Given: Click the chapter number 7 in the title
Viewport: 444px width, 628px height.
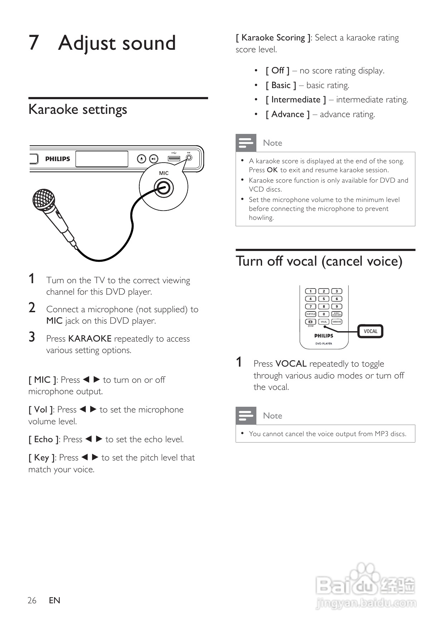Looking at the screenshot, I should pyautogui.click(x=33, y=43).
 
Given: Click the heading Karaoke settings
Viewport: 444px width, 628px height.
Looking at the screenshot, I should pyautogui.click(x=78, y=110).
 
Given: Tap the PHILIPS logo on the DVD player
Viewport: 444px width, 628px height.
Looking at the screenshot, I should pyautogui.click(x=58, y=159).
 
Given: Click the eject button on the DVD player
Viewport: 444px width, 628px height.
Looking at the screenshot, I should pyautogui.click(x=142, y=159).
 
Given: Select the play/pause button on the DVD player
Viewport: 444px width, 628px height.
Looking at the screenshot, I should pyautogui.click(x=153, y=159).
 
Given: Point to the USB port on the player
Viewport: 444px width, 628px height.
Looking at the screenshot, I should pyautogui.click(x=174, y=158).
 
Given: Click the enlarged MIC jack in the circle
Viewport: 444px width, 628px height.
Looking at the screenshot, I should pyautogui.click(x=164, y=188).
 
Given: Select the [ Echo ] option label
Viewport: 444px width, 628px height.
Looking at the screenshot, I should pyautogui.click(x=43, y=439).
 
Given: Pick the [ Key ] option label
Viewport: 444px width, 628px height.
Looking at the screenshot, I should pyautogui.click(x=42, y=458).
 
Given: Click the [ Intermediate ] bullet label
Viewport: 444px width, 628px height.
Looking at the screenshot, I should pyautogui.click(x=296, y=100).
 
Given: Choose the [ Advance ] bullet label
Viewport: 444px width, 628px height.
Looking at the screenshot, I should pyautogui.click(x=288, y=114).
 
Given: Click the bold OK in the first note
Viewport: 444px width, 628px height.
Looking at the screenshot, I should pyautogui.click(x=272, y=170).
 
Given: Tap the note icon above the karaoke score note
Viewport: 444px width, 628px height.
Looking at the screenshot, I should pyautogui.click(x=246, y=143).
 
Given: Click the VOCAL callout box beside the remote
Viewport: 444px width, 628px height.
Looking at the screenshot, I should pyautogui.click(x=371, y=331).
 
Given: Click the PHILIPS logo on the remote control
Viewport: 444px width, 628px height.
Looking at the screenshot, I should pyautogui.click(x=324, y=336).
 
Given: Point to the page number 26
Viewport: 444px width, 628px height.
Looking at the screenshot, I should pyautogui.click(x=32, y=600).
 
